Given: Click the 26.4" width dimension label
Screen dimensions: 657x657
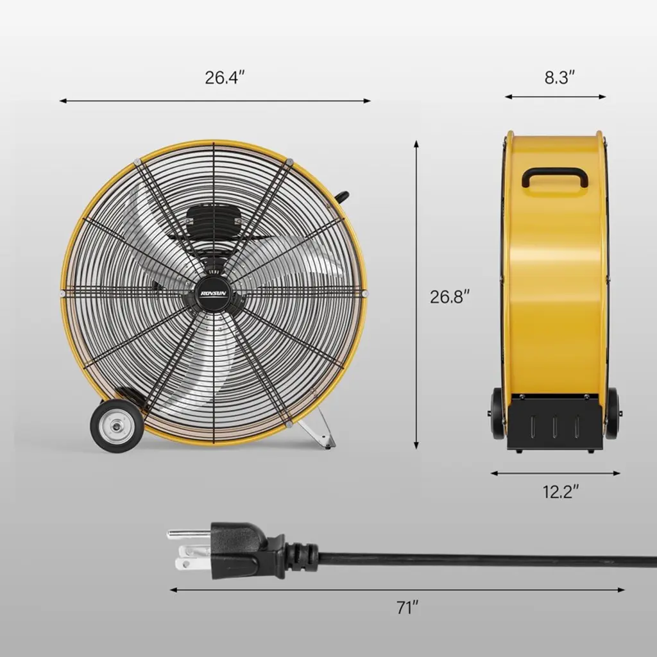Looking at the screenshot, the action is (x=225, y=78).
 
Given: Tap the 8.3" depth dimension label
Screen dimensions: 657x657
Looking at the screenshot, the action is (x=559, y=78).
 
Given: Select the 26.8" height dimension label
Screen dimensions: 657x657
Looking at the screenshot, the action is (x=450, y=296).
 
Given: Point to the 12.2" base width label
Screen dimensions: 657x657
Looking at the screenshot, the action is (x=561, y=491).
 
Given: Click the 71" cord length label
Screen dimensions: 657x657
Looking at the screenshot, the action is (x=407, y=608).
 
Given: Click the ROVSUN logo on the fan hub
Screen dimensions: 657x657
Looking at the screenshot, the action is (x=213, y=294).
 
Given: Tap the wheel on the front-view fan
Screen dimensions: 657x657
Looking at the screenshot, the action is (x=115, y=425).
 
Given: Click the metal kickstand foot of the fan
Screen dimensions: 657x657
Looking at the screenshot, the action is (x=321, y=428).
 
